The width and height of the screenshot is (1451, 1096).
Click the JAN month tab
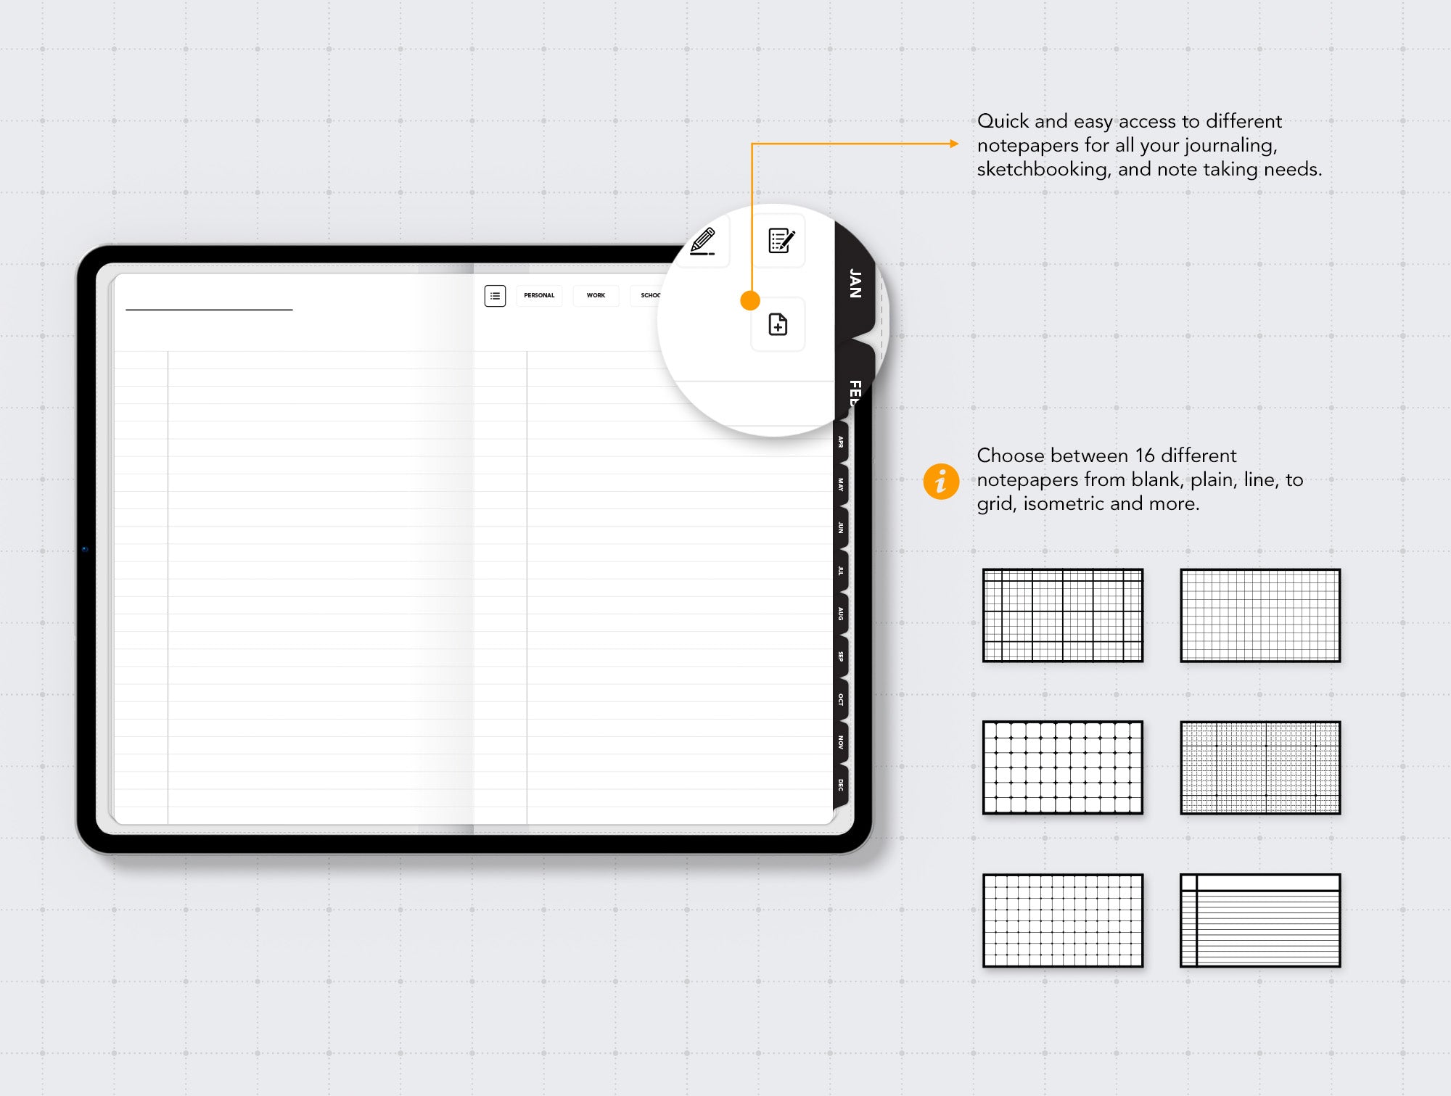pos(855,284)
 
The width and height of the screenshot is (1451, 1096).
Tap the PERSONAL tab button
pos(539,295)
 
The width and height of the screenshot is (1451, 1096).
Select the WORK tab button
pos(596,295)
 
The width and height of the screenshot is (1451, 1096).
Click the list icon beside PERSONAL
pos(495,296)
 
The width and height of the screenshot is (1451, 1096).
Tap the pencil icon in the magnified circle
pos(702,242)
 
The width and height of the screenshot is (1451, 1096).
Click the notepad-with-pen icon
pos(781,241)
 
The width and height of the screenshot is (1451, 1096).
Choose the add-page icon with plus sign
pos(778,324)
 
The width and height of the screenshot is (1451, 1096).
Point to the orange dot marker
pos(750,300)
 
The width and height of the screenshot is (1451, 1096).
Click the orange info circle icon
pos(941,481)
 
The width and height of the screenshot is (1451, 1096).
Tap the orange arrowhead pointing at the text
pos(954,144)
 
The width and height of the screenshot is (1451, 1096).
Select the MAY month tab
pos(841,485)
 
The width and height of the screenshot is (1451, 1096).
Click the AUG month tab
pos(841,614)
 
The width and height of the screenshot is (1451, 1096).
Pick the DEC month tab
pos(841,785)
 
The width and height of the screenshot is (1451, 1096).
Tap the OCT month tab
pos(841,699)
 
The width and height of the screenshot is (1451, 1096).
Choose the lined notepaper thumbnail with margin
pos(1260,920)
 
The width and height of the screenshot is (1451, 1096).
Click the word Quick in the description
pos(1003,121)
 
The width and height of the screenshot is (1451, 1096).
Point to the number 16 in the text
pos(1145,456)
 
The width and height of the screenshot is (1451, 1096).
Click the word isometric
pos(1064,503)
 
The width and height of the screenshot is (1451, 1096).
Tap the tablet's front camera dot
pos(85,549)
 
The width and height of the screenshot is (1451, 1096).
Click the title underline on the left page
pos(209,310)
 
